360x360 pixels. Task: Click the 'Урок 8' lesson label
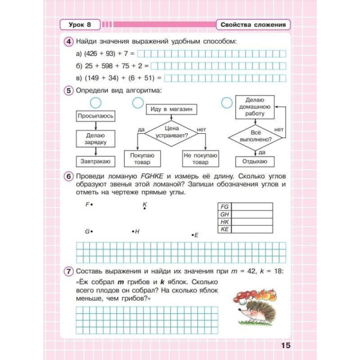point(80,25)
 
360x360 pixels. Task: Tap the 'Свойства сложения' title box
point(252,25)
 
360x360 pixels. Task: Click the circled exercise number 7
point(68,271)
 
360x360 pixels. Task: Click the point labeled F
point(92,205)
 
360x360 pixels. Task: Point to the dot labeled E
point(191,235)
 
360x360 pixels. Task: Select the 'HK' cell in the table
point(225,221)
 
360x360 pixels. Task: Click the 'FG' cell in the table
point(225,206)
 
